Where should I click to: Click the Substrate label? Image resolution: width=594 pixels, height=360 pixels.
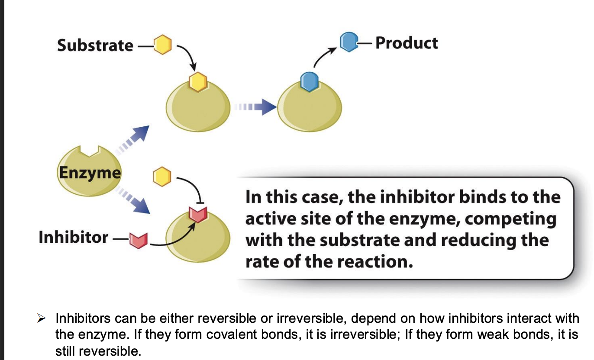point(95,45)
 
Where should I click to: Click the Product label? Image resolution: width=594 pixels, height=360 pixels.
point(407,43)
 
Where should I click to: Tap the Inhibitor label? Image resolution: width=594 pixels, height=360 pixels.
point(73,237)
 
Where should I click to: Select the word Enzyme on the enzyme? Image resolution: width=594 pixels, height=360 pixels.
point(90,172)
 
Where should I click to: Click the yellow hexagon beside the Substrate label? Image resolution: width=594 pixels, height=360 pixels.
point(163,45)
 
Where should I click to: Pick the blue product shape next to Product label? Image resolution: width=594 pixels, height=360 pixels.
point(348,42)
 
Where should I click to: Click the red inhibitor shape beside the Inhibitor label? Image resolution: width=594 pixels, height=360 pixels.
point(139,239)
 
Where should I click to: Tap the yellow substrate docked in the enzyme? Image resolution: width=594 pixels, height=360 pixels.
point(197,81)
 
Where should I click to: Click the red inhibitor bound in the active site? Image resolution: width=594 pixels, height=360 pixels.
point(197,214)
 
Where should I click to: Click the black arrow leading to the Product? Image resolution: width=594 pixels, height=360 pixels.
point(324,57)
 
